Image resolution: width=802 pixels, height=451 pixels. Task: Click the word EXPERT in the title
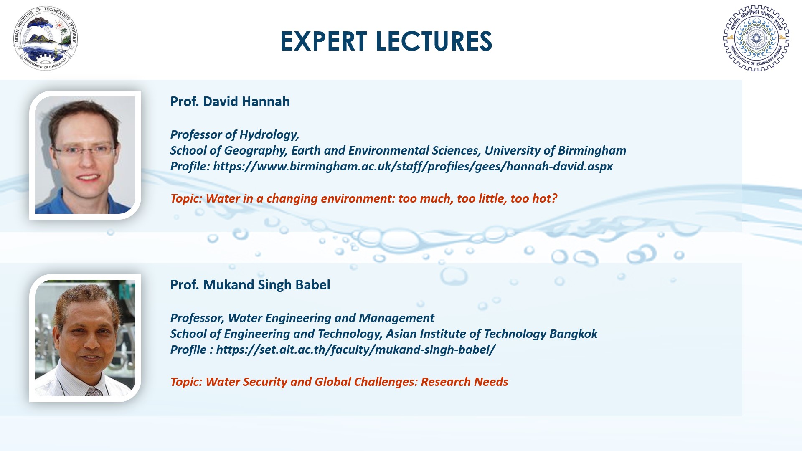tap(324, 41)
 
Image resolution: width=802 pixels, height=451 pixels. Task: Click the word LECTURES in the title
tap(434, 41)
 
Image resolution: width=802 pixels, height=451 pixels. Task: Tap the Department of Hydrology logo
tap(46, 38)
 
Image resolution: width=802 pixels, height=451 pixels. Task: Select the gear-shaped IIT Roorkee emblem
tap(756, 38)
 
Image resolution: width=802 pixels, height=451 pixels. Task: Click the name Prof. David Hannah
tap(230, 101)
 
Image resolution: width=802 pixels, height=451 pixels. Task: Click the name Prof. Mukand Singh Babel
tap(250, 285)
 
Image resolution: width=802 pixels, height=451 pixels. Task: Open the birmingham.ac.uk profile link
tap(413, 167)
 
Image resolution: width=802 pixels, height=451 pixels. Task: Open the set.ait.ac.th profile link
tap(356, 350)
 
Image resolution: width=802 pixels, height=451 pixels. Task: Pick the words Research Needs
tap(464, 382)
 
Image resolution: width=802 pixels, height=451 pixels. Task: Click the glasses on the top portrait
tap(84, 149)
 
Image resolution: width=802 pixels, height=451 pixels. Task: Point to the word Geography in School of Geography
tap(254, 151)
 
